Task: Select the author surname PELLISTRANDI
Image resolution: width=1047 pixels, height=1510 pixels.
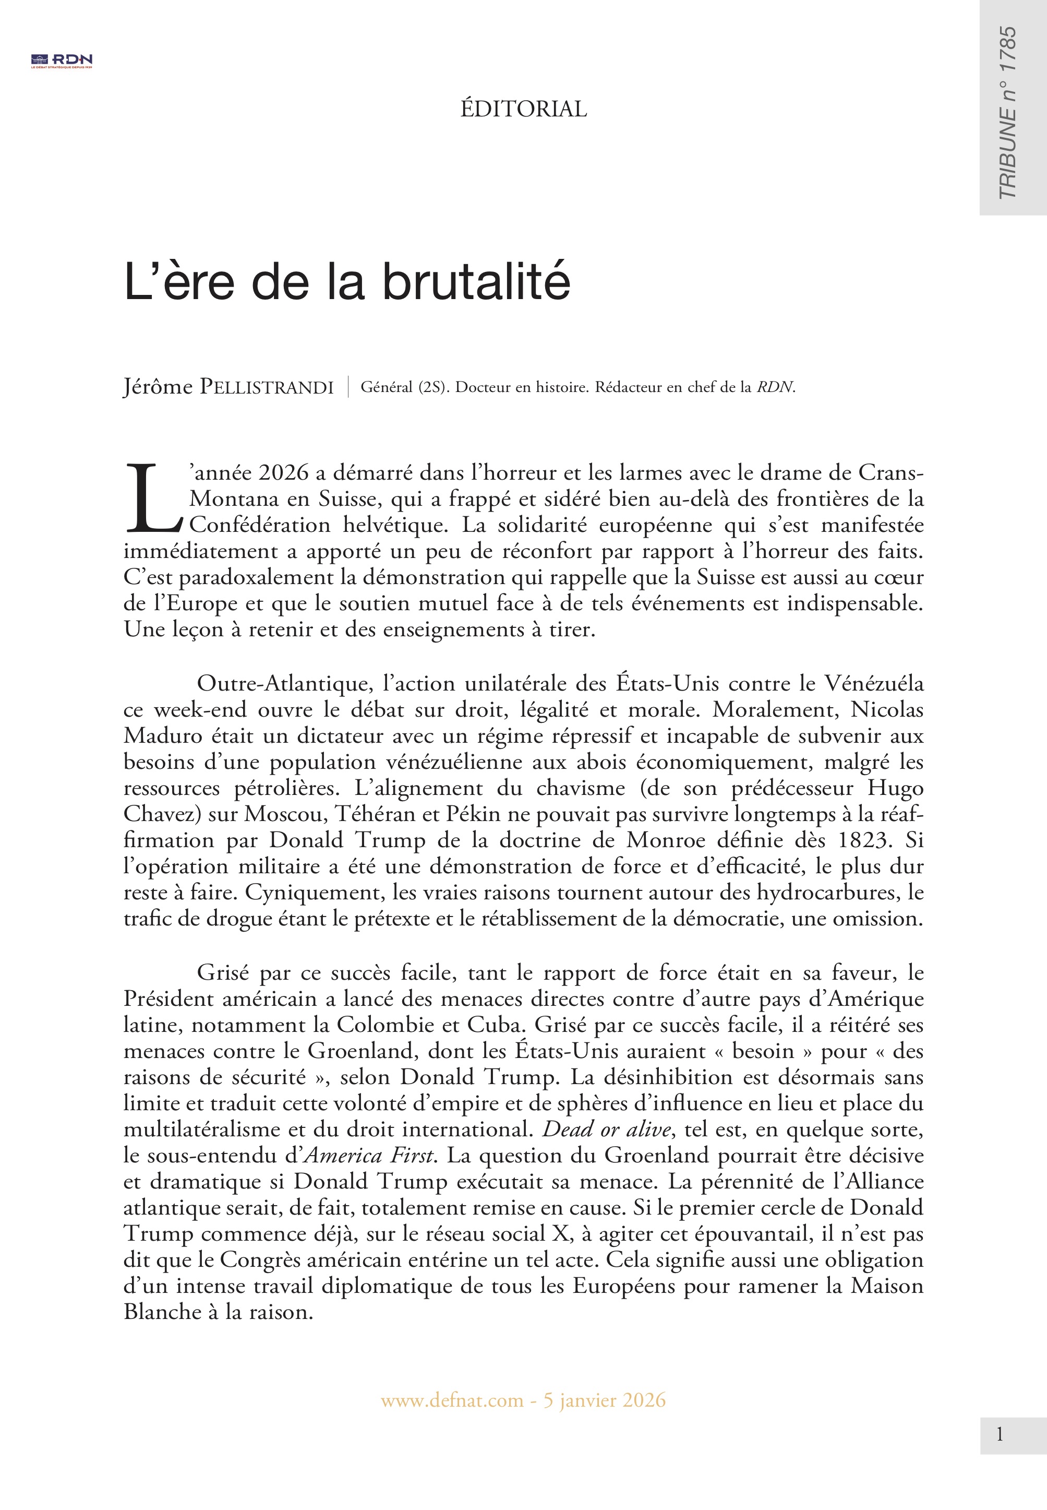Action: (267, 387)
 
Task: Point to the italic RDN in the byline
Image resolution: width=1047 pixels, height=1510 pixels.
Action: (775, 387)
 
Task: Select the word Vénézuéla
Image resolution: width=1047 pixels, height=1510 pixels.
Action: (873, 683)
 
